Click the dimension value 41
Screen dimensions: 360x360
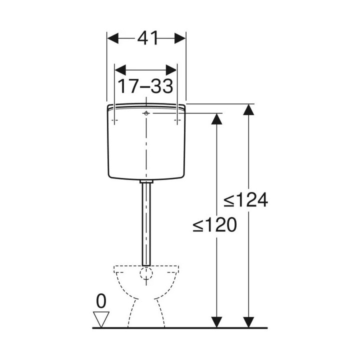pyautogui.click(x=147, y=37)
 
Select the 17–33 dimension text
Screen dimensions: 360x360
pyautogui.click(x=145, y=86)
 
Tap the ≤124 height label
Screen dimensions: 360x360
pyautogui.click(x=245, y=199)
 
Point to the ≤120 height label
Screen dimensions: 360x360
pyautogui.click(x=214, y=224)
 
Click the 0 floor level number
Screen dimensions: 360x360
pyautogui.click(x=101, y=301)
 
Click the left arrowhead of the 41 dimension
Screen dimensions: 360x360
pyautogui.click(x=112, y=38)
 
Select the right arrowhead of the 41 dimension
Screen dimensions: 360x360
pyautogui.click(x=180, y=38)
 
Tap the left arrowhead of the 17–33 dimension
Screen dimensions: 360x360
pyautogui.click(x=120, y=70)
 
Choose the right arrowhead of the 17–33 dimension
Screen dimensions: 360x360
pyautogui.click(x=171, y=70)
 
